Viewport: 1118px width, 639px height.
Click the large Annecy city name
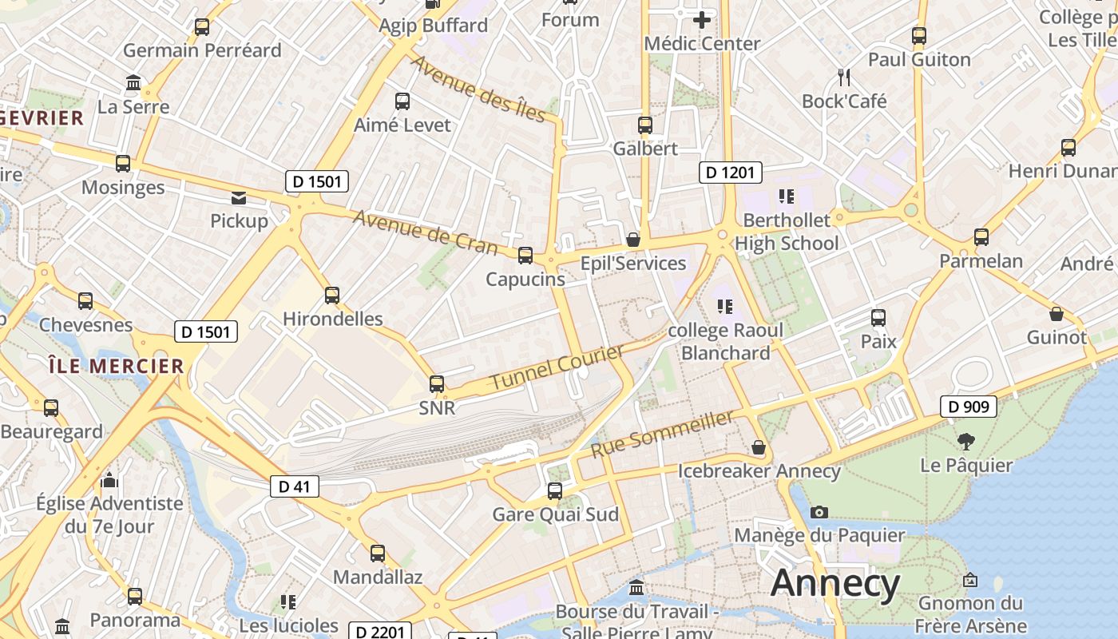click(x=835, y=583)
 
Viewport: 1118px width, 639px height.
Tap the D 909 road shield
click(x=969, y=407)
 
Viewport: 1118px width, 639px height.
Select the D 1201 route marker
click(x=731, y=172)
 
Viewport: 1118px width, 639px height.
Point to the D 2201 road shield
click(x=380, y=632)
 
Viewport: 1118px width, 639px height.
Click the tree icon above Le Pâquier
click(x=966, y=441)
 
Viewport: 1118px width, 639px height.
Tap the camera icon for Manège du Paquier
click(x=819, y=512)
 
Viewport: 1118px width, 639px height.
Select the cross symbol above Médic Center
click(x=702, y=19)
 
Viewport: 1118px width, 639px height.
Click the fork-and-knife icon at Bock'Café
click(x=844, y=77)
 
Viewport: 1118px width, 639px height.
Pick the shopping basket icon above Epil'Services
click(x=633, y=240)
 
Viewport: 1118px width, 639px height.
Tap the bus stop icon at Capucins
click(x=525, y=256)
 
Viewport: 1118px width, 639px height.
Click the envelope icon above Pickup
click(x=239, y=197)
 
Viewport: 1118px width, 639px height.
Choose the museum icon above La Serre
click(x=133, y=83)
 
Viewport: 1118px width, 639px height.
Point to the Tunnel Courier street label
click(x=557, y=367)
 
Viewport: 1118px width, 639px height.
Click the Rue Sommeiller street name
click(x=662, y=434)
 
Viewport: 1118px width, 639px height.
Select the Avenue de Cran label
click(x=424, y=232)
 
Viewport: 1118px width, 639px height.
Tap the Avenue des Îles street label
click(x=478, y=89)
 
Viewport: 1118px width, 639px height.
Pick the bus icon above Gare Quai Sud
click(x=555, y=490)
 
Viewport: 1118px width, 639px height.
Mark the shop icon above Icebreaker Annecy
click(x=759, y=448)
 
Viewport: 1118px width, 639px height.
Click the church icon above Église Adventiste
click(x=110, y=480)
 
